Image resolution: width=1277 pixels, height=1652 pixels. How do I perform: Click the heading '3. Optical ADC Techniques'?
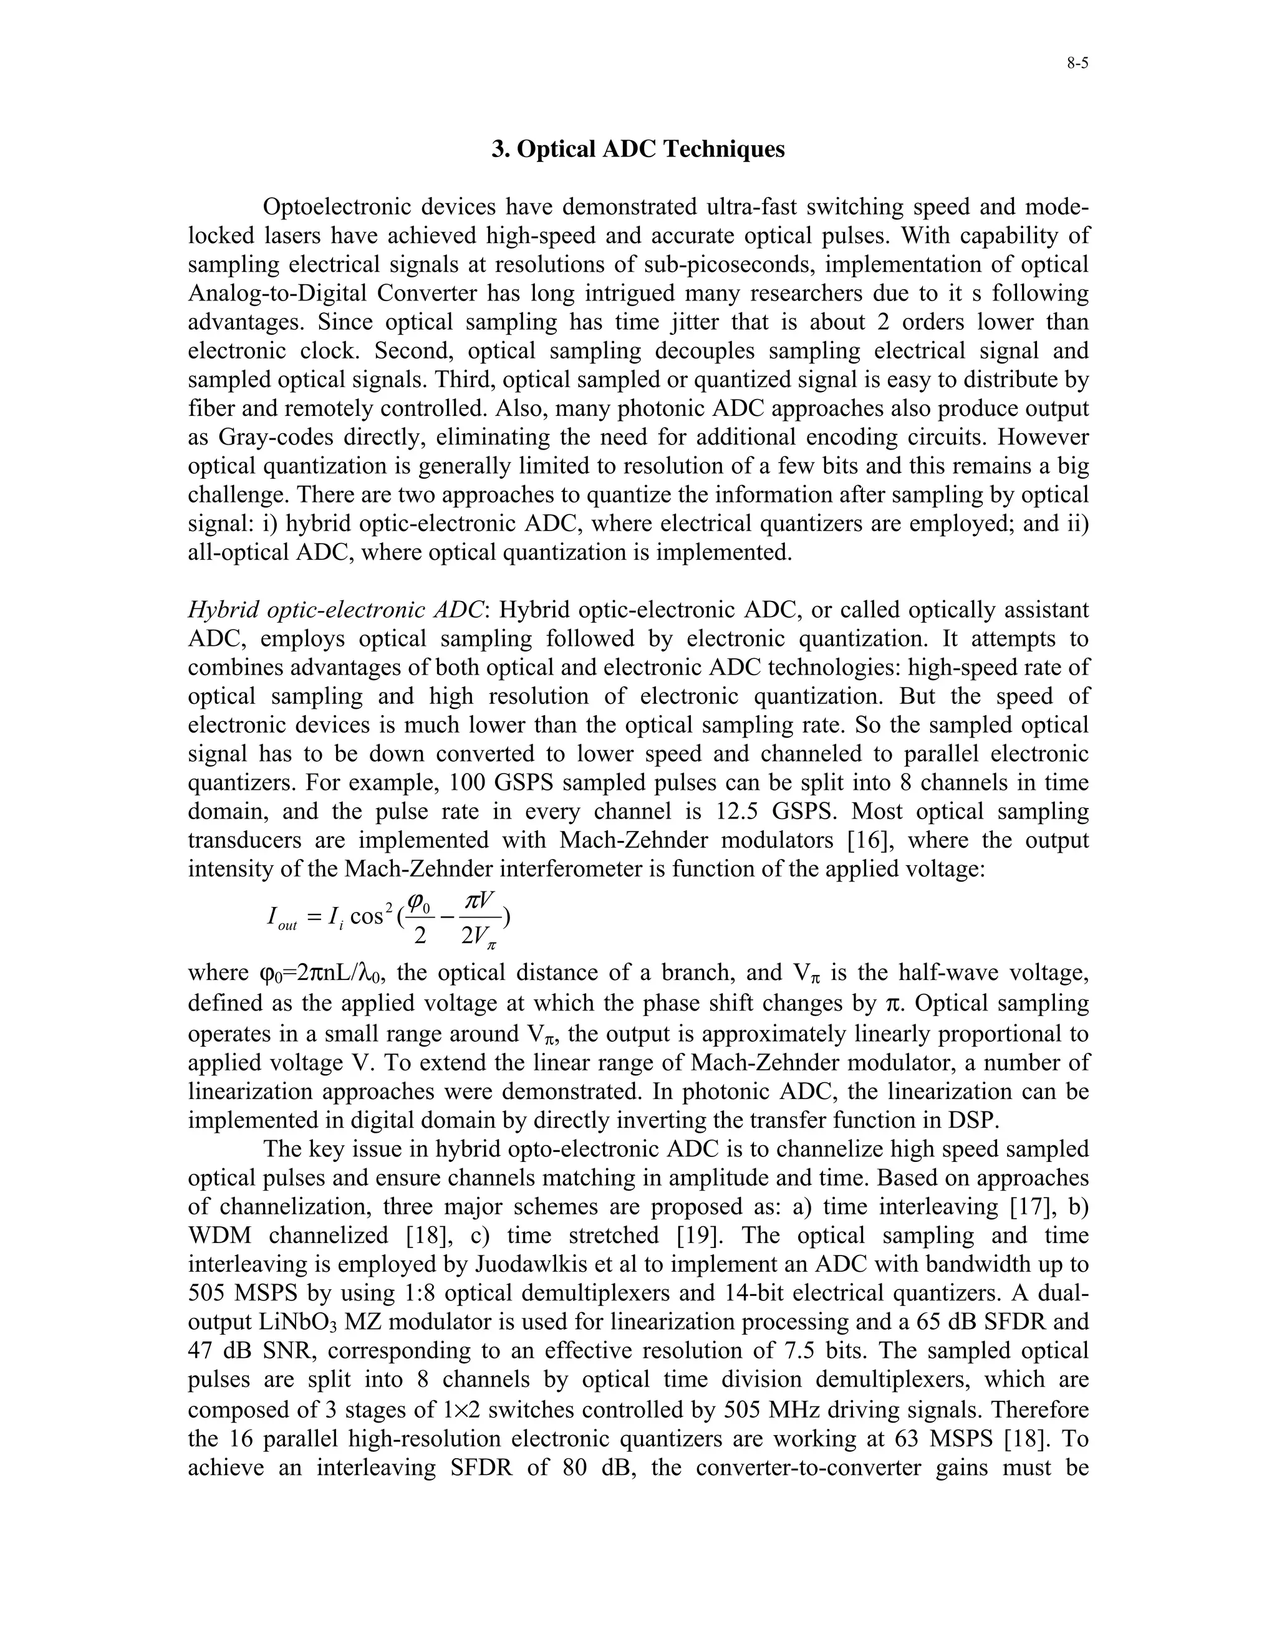click(x=638, y=149)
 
